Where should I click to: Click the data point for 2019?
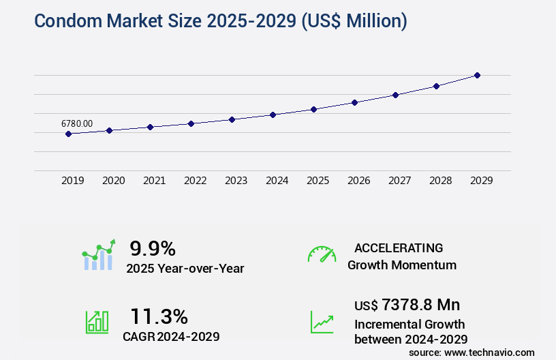[68, 134]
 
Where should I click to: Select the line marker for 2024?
[273, 115]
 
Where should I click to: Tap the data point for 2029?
[477, 75]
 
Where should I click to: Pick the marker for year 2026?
[354, 102]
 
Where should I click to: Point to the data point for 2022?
[191, 123]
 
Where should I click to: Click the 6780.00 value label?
[77, 123]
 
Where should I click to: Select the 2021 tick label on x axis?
[154, 181]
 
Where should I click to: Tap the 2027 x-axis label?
[399, 181]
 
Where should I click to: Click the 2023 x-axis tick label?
[236, 181]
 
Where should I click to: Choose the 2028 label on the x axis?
[440, 181]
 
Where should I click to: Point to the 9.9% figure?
[153, 247]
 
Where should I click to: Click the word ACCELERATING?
[399, 247]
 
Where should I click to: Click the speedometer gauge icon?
[322, 254]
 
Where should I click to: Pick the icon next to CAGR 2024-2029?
[96, 322]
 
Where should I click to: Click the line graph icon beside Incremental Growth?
[322, 322]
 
